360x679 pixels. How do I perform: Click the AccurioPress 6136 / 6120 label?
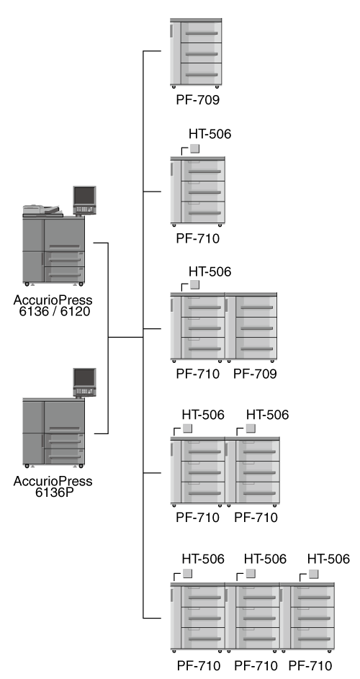pos(53,305)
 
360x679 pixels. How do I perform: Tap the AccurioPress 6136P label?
pos(53,487)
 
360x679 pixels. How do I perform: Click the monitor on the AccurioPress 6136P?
pos(84,382)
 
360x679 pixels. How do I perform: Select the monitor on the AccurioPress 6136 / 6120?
pos(84,200)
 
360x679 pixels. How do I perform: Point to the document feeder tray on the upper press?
pos(41,210)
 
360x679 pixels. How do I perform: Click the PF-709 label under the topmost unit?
pos(198,100)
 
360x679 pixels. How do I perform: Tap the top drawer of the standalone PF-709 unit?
pos(201,32)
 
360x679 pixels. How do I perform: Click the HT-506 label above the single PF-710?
pos(210,134)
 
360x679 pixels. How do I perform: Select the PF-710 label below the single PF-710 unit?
pos(198,238)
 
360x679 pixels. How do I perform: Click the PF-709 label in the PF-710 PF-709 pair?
pos(255,374)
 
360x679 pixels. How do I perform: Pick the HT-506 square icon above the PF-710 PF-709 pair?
pos(194,284)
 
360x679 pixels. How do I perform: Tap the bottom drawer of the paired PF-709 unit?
pos(256,349)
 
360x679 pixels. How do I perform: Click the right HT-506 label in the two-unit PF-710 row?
pos(267,415)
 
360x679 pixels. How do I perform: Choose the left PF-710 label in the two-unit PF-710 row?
pos(198,518)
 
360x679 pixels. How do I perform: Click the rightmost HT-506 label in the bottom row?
pos(328,559)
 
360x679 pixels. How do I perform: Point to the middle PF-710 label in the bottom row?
pos(256,665)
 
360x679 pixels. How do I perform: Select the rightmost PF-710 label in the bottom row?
pos(310,665)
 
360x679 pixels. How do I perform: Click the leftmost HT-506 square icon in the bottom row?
pos(187,574)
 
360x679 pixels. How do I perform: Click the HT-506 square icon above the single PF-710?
pos(194,148)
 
